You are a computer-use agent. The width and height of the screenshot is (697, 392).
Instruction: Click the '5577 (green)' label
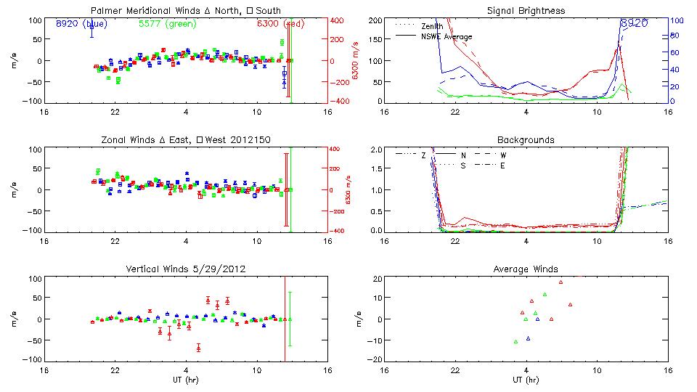pos(161,23)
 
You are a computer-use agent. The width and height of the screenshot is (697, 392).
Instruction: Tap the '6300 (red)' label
pos(280,23)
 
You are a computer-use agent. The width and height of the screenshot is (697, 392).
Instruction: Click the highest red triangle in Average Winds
pos(561,282)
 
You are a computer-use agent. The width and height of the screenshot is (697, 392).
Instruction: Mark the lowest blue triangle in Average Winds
pos(528,338)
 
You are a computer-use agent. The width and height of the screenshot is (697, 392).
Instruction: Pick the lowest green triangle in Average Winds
pos(515,341)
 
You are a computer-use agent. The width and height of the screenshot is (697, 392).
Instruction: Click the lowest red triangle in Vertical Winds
pos(198,348)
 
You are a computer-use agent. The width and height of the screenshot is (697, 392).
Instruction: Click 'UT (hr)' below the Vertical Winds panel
pos(185,380)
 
